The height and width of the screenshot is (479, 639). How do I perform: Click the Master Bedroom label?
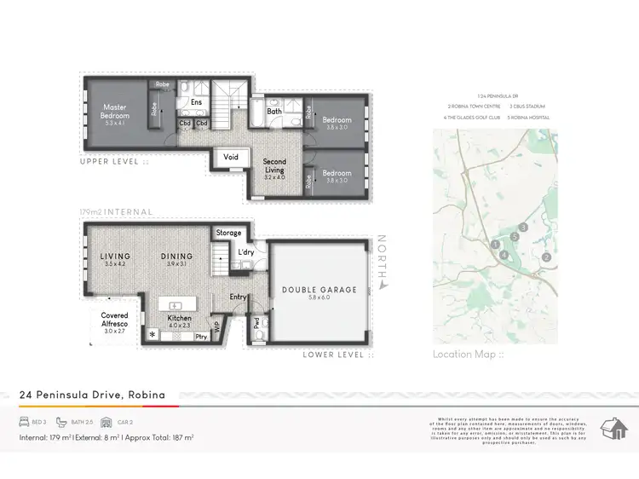pyautogui.click(x=116, y=111)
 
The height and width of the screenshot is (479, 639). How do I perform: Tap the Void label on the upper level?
pyautogui.click(x=231, y=158)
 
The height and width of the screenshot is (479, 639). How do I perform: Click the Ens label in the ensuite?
pyautogui.click(x=196, y=102)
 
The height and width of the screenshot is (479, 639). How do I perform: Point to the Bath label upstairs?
pyautogui.click(x=274, y=111)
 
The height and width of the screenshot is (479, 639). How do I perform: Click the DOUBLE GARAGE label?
pyautogui.click(x=319, y=290)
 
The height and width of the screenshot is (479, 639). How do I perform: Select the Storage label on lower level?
pyautogui.click(x=228, y=233)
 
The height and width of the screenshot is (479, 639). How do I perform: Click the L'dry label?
pyautogui.click(x=247, y=252)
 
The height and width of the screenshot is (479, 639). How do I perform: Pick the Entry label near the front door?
pyautogui.click(x=238, y=297)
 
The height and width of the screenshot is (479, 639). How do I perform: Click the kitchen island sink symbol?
pyautogui.click(x=176, y=305)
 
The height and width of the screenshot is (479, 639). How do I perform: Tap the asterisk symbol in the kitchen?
pyautogui.click(x=153, y=335)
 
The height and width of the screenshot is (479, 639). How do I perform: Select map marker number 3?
pyautogui.click(x=523, y=228)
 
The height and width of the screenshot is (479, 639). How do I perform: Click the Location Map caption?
pyautogui.click(x=468, y=355)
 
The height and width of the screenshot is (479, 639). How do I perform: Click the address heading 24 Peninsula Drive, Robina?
pyautogui.click(x=92, y=395)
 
